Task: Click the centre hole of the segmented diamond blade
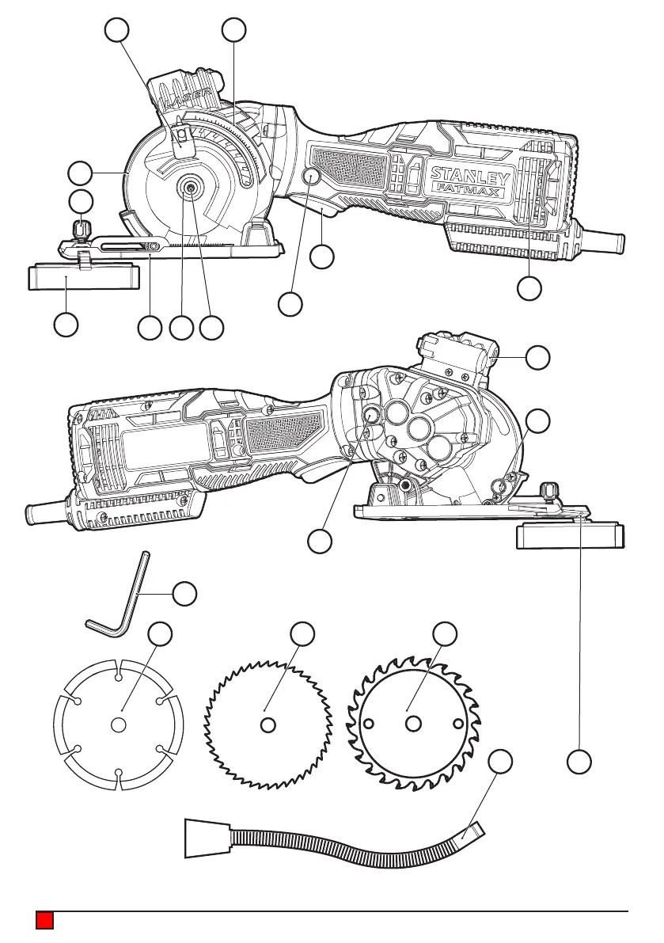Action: (x=118, y=724)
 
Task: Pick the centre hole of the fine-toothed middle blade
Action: (x=269, y=724)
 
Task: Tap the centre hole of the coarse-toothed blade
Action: (x=412, y=724)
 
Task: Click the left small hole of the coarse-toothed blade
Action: (x=367, y=724)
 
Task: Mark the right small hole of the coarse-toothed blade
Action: (x=457, y=724)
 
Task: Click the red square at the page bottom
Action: (x=44, y=920)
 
